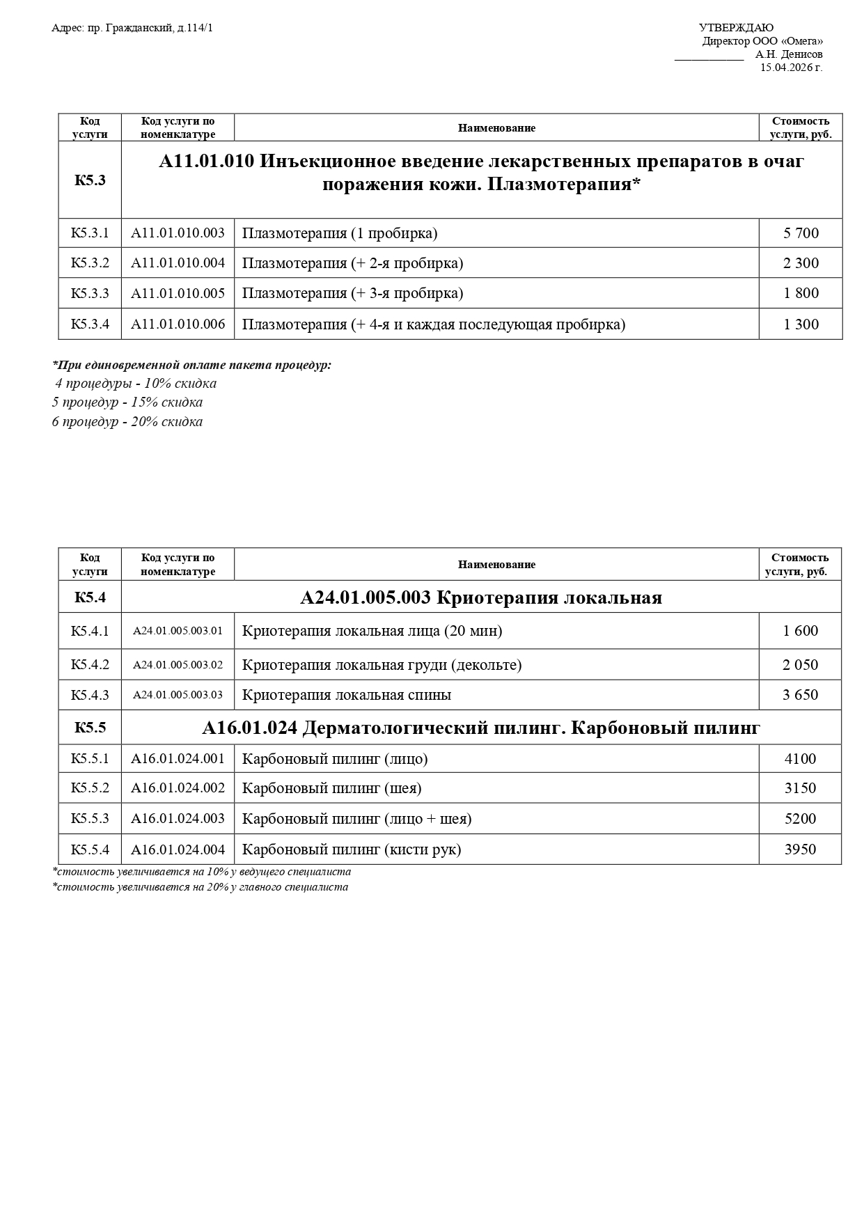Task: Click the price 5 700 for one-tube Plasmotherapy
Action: pyautogui.click(x=801, y=233)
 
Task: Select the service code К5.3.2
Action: pyautogui.click(x=90, y=263)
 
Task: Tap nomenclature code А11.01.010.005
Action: pyautogui.click(x=178, y=293)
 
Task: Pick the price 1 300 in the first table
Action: pyautogui.click(x=801, y=324)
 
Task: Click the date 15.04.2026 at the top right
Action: pyautogui.click(x=791, y=68)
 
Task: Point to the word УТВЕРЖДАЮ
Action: pyautogui.click(x=735, y=28)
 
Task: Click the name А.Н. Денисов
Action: pyautogui.click(x=788, y=54)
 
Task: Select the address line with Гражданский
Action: pyautogui.click(x=132, y=28)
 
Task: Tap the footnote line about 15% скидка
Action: pyautogui.click(x=127, y=402)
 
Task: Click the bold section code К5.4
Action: pyautogui.click(x=90, y=597)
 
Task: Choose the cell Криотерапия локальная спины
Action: pyautogui.click(x=346, y=695)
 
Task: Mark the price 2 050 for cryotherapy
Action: pyautogui.click(x=800, y=665)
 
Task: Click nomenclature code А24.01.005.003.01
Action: pyautogui.click(x=178, y=631)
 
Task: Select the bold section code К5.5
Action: pyautogui.click(x=90, y=728)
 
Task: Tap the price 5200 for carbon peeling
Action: pyautogui.click(x=800, y=819)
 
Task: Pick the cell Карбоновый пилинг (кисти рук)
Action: pyautogui.click(x=351, y=849)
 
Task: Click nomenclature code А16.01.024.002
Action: pyautogui.click(x=178, y=788)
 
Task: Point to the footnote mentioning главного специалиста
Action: pyautogui.click(x=200, y=887)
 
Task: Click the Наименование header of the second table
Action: pyautogui.click(x=496, y=565)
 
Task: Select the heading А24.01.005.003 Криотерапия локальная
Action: pyautogui.click(x=480, y=597)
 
